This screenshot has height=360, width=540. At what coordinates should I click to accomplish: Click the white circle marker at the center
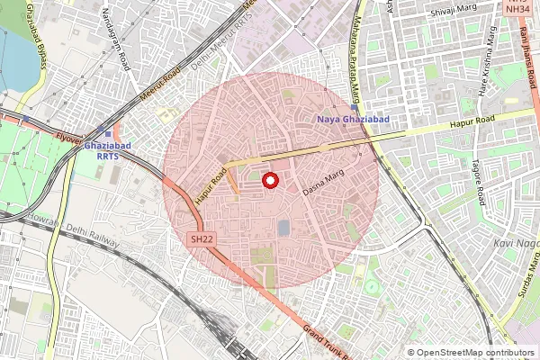point(268,181)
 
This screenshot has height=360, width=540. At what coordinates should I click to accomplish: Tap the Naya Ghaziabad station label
point(352,119)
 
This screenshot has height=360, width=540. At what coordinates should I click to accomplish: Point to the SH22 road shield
point(202,240)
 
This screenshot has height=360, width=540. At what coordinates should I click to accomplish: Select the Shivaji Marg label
point(454,12)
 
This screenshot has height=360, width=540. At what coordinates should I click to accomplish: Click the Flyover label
point(67,139)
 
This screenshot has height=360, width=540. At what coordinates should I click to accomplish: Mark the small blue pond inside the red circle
point(283,229)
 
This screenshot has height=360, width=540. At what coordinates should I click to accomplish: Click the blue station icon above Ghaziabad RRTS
point(108,133)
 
